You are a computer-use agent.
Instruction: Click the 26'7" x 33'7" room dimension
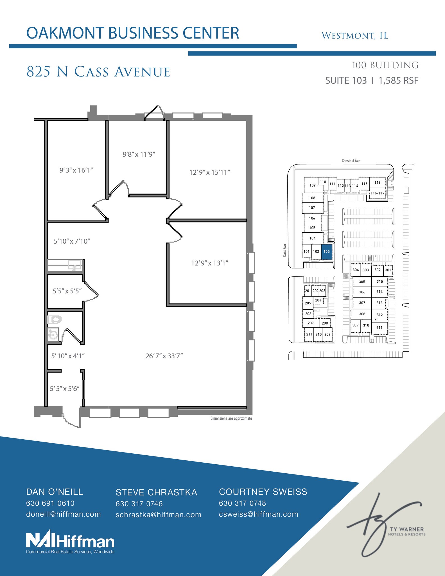[x=164, y=356]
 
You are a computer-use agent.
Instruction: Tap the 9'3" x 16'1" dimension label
[x=76, y=170]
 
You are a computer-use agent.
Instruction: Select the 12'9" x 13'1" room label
[x=209, y=263]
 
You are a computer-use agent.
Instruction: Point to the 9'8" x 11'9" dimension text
[x=139, y=154]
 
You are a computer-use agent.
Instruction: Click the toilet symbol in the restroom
[x=54, y=319]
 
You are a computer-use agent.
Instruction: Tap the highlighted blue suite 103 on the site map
[x=327, y=251]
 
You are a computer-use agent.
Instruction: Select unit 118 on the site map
[x=377, y=183]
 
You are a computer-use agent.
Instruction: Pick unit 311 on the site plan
[x=380, y=327]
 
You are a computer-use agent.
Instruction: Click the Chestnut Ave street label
[x=351, y=161]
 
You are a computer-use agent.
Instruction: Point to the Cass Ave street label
[x=284, y=250]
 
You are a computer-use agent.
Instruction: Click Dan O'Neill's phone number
[x=50, y=503]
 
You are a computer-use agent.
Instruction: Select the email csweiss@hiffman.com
[x=258, y=514]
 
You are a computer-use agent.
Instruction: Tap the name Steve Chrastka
[x=156, y=492]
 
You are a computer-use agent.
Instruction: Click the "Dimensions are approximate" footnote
[x=231, y=418]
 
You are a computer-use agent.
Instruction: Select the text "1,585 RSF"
[x=398, y=80]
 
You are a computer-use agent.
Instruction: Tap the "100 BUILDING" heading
[x=385, y=65]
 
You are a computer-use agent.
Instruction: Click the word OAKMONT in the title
[x=65, y=33]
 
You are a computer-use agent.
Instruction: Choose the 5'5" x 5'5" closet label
[x=67, y=291]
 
